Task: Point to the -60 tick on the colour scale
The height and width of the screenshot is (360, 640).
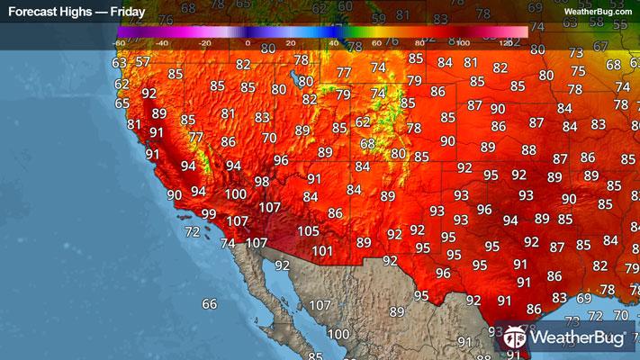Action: (119, 42)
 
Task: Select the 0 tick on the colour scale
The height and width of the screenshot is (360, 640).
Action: (247, 42)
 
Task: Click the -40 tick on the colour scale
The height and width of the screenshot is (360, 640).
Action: (162, 42)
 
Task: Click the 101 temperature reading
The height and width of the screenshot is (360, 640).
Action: (322, 251)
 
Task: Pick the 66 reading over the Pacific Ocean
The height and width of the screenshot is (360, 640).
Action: (209, 304)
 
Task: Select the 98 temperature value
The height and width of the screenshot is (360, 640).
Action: (261, 181)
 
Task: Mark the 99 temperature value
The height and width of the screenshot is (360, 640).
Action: (208, 213)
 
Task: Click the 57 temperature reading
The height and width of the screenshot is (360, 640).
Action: (142, 62)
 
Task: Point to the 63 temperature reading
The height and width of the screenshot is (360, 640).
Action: (119, 64)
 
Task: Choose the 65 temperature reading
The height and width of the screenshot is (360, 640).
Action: (122, 103)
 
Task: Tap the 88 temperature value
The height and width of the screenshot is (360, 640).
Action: (528, 150)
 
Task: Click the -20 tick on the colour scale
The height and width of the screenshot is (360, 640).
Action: (204, 42)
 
